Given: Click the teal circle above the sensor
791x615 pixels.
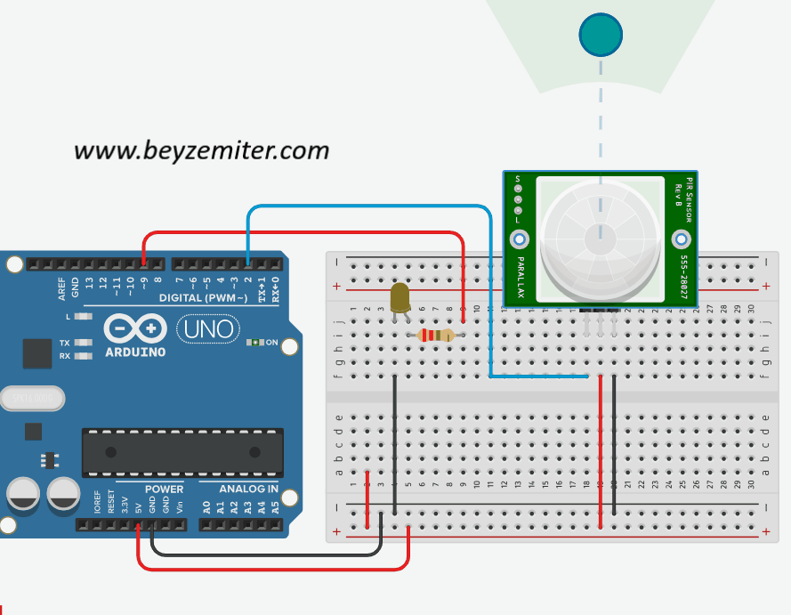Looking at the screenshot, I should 601,36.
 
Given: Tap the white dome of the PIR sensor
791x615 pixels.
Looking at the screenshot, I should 600,236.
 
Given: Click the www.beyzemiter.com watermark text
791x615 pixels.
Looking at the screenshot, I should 201,150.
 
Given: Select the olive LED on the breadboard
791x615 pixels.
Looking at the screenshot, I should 400,298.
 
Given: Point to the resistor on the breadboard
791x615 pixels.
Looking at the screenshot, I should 436,336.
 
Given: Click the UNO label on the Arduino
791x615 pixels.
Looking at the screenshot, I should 209,329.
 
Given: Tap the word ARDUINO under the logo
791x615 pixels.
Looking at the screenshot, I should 134,351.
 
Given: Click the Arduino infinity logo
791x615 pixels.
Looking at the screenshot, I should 134,328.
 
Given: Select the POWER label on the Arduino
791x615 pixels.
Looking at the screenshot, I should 164,489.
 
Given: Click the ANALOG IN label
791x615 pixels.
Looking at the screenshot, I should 249,489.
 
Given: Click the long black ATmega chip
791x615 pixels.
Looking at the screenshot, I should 182,452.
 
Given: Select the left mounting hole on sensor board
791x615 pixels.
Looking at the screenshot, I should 519,239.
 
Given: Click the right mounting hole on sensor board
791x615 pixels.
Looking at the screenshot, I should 682,239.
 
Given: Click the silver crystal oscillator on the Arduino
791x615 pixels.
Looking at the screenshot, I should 32,399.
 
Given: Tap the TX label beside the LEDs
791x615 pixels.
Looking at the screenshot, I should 65,343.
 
